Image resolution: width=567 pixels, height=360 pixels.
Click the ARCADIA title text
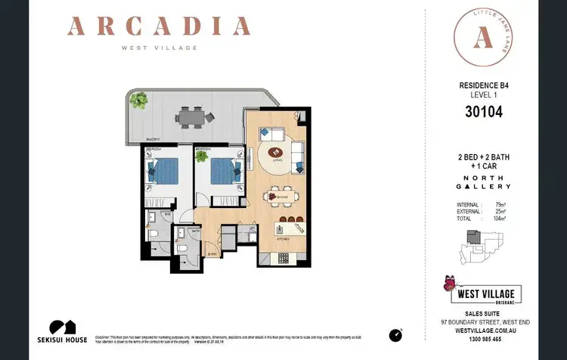coord(158,28)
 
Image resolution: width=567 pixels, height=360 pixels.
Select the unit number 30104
coord(483,113)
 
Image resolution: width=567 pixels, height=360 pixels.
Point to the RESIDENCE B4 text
coord(483,86)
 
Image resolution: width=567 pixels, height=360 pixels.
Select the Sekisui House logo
coord(68,331)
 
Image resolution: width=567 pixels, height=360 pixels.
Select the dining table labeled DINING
coord(277,197)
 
